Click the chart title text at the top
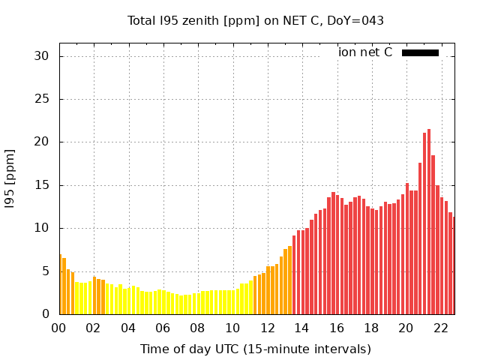click(x=255, y=21)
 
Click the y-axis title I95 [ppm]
click(x=10, y=178)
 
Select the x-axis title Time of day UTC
click(x=255, y=349)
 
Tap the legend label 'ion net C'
click(x=365, y=52)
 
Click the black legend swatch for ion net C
click(x=420, y=52)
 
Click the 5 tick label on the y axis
click(x=45, y=271)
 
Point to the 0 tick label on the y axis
click(x=45, y=314)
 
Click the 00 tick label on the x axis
click(x=59, y=328)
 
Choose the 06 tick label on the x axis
click(x=163, y=328)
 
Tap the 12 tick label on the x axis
click(x=267, y=328)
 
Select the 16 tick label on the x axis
click(x=337, y=328)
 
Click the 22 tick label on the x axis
click(x=441, y=328)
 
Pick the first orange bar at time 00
click(x=60, y=285)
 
